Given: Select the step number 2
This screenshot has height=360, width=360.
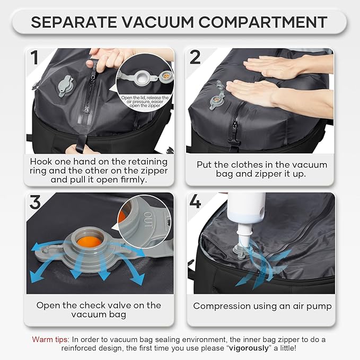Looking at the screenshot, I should [x=195, y=58].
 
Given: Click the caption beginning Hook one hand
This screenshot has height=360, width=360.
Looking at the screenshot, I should [x=99, y=170].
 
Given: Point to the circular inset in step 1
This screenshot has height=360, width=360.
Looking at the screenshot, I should [x=144, y=84].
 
